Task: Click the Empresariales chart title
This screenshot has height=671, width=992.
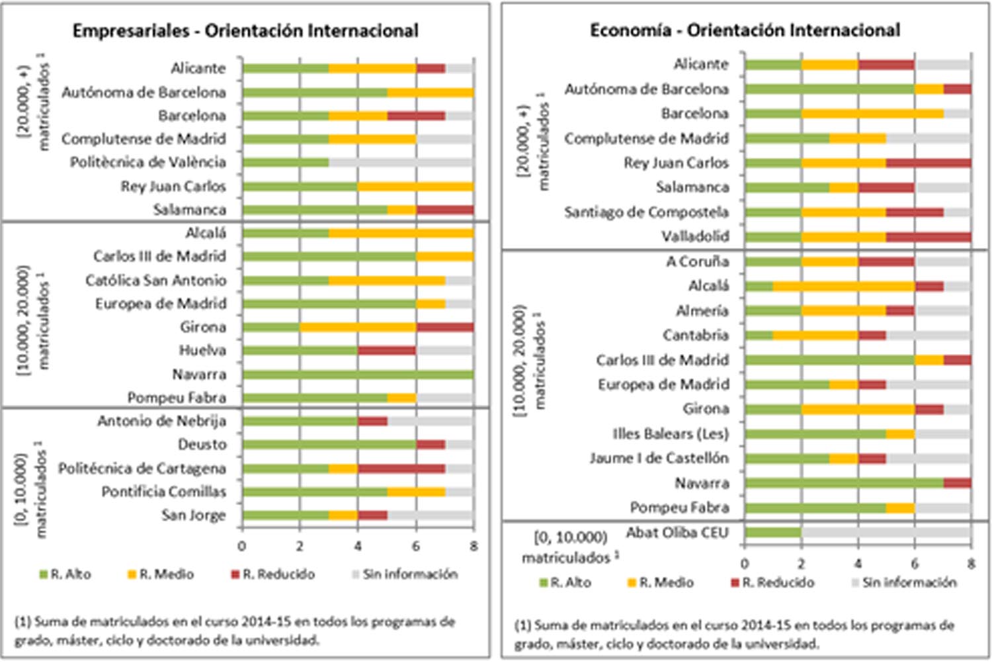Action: coord(245,31)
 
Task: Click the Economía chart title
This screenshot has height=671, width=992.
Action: coord(745,30)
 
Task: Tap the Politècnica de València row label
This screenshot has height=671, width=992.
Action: coord(148,162)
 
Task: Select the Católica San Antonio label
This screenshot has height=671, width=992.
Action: coord(155,280)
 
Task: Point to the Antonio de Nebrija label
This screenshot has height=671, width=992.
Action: coord(161,421)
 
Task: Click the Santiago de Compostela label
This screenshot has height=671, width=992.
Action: coord(646,212)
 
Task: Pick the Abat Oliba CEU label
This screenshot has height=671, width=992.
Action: coord(677,533)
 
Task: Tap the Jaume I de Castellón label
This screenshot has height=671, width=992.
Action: coord(659,458)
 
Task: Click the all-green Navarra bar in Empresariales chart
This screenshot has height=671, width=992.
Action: coord(358,375)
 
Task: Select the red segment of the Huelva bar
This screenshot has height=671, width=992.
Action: coord(387,351)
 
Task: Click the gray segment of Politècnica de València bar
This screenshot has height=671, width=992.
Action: coord(401,163)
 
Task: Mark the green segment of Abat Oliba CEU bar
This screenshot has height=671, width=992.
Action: coord(772,533)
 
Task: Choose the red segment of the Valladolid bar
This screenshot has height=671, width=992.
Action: coord(929,237)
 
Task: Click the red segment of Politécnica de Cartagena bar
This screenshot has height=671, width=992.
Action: coord(401,469)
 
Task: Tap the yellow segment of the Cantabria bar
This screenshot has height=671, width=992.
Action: coord(815,335)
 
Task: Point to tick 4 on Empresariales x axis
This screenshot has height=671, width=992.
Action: coord(358,547)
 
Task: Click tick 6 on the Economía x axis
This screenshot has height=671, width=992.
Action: coord(915,564)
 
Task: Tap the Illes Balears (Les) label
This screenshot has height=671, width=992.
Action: coord(670,433)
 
